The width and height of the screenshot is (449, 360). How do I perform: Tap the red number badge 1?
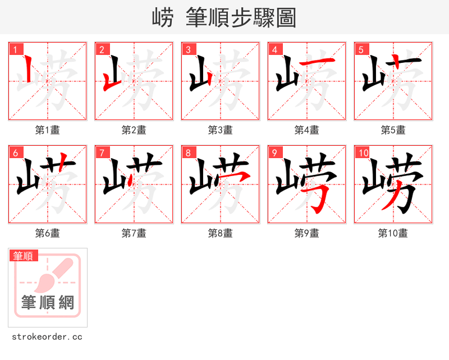click(15, 49)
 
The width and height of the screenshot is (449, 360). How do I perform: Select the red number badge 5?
click(361, 49)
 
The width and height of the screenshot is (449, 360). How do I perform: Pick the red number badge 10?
click(363, 153)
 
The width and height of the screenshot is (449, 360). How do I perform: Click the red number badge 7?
click(102, 153)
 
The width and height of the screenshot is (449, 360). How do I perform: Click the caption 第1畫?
click(47, 130)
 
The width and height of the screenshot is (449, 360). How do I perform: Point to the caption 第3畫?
click(220, 130)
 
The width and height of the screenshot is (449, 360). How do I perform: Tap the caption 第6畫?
click(47, 233)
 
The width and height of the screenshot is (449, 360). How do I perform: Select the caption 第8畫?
click(220, 233)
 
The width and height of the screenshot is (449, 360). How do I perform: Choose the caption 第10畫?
click(393, 233)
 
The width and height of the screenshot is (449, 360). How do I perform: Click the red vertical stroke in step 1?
click(28, 70)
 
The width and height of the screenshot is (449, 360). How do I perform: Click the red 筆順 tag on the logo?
click(24, 256)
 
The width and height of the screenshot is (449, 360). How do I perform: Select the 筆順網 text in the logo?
click(48, 303)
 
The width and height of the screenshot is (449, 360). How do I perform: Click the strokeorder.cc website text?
click(47, 337)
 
